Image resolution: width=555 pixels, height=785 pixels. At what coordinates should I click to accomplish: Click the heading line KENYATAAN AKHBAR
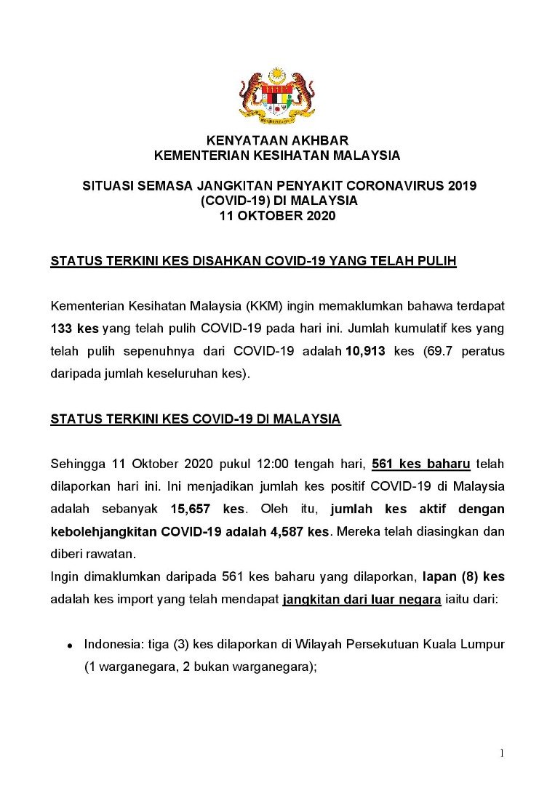[277, 140]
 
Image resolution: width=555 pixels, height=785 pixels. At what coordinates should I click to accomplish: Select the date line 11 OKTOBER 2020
[277, 216]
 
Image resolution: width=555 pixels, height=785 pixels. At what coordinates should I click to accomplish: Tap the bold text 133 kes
[75, 328]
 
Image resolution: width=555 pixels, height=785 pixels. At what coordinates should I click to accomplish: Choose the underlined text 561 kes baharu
[421, 464]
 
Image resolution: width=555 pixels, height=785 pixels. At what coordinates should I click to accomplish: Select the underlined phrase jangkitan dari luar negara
[361, 600]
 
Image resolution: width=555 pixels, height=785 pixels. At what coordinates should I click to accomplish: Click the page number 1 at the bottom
[502, 753]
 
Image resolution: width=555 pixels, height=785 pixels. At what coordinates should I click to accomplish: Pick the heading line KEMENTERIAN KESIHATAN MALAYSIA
[277, 155]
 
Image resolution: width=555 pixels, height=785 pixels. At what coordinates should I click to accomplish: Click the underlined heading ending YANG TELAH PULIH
[253, 261]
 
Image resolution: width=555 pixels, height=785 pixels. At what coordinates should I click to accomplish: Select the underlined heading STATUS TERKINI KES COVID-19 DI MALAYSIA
[195, 419]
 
